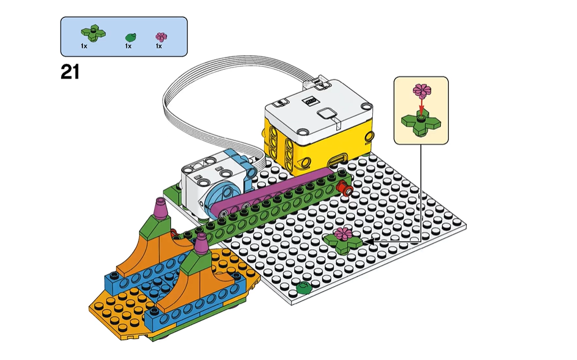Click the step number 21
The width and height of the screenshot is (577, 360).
coord(70,72)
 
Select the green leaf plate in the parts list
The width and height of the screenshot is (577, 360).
coord(93,33)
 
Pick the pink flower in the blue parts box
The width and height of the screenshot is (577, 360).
coord(161,37)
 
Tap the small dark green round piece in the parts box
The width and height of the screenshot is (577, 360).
coord(131,37)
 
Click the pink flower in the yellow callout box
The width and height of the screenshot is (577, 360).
coord(422,90)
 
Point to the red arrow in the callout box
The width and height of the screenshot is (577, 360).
coord(422,105)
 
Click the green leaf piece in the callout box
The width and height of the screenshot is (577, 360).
coord(421,124)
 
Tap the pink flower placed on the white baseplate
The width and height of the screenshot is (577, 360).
coord(343,233)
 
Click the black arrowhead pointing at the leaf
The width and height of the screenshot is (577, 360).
coord(369,242)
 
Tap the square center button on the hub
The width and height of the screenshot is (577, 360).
coord(327,114)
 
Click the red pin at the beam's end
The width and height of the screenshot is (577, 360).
coord(345,190)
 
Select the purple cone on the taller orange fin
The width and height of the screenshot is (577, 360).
coord(161,209)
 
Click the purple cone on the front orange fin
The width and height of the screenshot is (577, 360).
coord(201,243)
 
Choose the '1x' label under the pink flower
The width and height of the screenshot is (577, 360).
coord(159,46)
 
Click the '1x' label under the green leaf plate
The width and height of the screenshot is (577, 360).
coord(84,46)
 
